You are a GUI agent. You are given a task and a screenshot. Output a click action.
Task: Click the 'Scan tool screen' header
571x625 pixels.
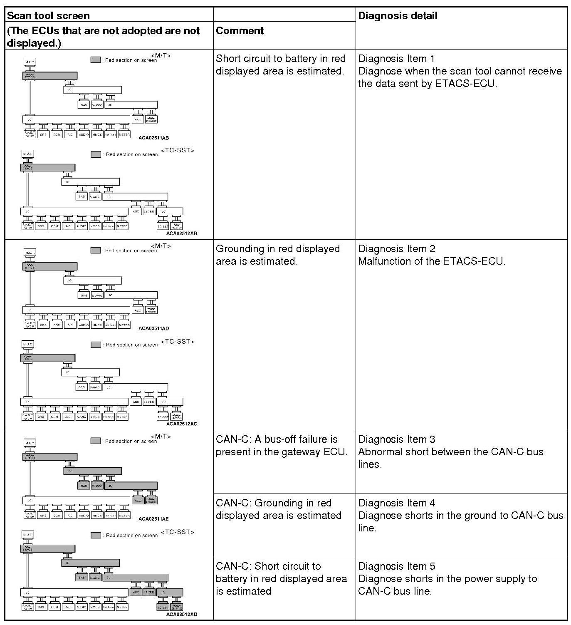[48, 16]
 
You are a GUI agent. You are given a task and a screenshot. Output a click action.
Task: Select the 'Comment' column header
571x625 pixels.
[240, 30]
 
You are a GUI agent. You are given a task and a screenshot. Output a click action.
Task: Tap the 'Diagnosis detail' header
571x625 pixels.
[398, 16]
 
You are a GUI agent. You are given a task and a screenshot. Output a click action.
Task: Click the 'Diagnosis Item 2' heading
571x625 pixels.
[396, 249]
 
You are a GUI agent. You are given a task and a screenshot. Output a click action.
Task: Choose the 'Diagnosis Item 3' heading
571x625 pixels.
[396, 439]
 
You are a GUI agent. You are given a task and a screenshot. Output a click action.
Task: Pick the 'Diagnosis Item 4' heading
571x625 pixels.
[396, 503]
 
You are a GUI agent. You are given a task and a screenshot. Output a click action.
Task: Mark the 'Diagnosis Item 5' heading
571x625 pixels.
[396, 566]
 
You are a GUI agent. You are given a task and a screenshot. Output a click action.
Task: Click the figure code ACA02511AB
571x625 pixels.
[153, 138]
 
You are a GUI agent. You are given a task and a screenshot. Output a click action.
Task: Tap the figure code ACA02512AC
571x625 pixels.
[181, 424]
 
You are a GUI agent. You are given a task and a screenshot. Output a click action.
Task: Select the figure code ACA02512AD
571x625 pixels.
[181, 614]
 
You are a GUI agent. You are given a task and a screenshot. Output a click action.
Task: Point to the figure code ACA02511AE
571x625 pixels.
[153, 519]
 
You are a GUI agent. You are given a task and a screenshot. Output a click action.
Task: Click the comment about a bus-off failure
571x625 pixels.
[281, 446]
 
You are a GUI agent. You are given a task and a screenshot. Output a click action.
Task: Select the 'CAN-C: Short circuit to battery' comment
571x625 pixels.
[281, 578]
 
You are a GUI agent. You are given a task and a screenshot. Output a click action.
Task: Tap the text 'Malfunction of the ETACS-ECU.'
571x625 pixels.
[431, 261]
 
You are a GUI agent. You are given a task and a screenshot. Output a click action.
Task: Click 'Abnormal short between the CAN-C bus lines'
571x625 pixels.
[450, 458]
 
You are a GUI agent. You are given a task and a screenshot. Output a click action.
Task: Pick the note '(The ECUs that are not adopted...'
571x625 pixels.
[103, 37]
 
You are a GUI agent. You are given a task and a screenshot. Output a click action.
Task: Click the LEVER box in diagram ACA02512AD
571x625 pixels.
[149, 592]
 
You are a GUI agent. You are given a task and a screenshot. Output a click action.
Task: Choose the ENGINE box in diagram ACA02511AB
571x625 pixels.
[151, 120]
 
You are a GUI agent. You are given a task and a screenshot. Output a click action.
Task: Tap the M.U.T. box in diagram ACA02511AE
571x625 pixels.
[30, 443]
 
